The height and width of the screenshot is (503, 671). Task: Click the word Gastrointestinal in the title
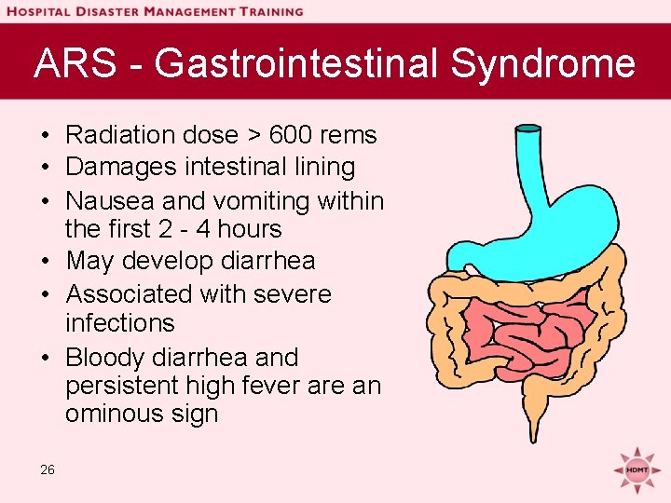click(x=296, y=64)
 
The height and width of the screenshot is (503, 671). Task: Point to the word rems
click(x=349, y=135)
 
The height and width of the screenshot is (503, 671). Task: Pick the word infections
click(x=120, y=323)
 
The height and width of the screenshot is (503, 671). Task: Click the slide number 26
click(x=48, y=469)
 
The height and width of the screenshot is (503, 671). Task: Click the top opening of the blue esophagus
click(x=528, y=128)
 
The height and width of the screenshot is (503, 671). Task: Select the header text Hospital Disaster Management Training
click(x=155, y=11)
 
